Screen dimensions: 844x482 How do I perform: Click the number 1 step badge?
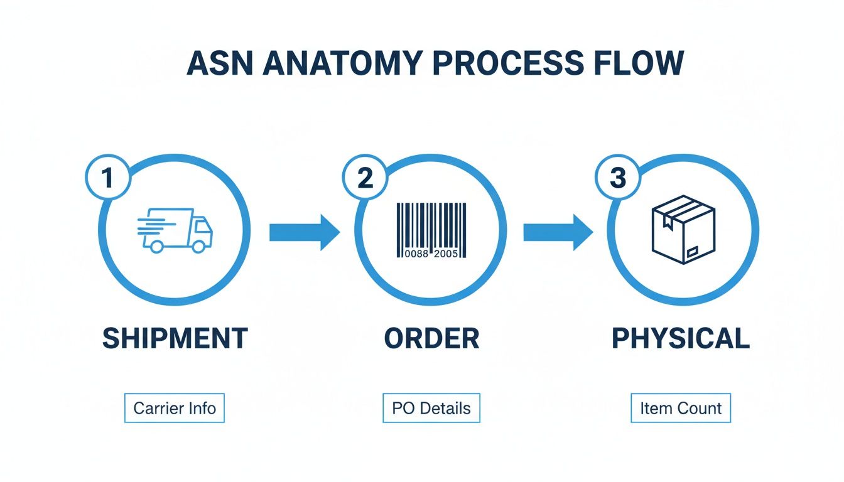click(x=108, y=178)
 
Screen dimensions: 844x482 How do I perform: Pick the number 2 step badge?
click(x=365, y=178)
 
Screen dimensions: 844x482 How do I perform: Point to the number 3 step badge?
click(x=618, y=178)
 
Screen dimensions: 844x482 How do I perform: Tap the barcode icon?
click(x=431, y=230)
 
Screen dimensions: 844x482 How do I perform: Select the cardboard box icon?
click(x=683, y=230)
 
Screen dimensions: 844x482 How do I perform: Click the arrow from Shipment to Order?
click(x=304, y=232)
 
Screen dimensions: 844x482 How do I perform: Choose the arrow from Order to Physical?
click(x=558, y=232)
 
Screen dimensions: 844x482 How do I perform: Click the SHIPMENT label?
click(x=175, y=338)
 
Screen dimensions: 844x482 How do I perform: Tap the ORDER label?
click(x=431, y=338)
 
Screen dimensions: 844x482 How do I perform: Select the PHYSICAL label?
click(x=681, y=338)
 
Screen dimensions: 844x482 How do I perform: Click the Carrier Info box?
click(x=175, y=409)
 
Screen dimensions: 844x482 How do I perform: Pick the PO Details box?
click(x=431, y=409)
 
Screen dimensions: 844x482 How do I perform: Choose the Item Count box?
click(x=681, y=409)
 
